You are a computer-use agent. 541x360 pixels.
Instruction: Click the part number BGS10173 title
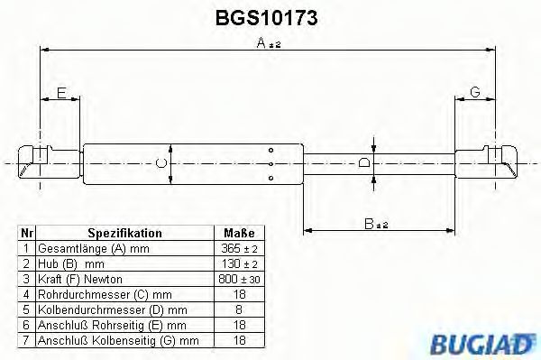270,17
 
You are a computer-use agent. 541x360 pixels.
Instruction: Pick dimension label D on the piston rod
363,162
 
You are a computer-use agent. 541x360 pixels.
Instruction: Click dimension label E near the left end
60,92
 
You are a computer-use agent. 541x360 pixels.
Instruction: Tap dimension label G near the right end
475,92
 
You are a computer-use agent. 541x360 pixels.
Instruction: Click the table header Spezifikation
124,233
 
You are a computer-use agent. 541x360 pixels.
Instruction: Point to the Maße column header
239,233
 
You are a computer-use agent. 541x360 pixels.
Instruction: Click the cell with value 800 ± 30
239,279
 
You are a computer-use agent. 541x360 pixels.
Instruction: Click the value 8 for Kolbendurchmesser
239,309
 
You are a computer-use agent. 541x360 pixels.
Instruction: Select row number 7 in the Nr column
27,340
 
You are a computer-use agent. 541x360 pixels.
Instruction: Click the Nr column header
27,233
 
